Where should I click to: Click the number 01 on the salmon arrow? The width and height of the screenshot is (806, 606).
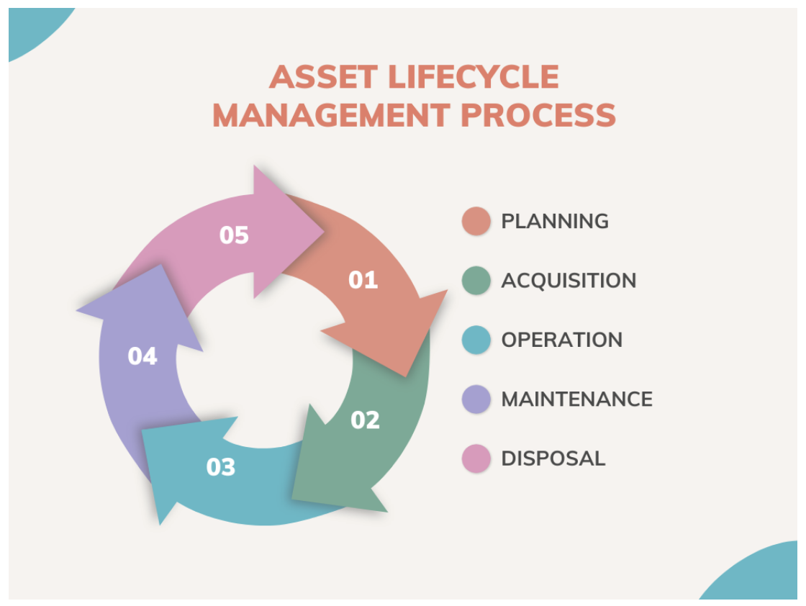(363, 280)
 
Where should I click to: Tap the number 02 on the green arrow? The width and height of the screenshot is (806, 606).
(365, 420)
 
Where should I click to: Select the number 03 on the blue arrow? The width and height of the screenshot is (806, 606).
(220, 467)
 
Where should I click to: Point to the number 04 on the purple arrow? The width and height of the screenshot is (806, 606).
(142, 356)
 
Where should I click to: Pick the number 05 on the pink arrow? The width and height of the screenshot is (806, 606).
(234, 235)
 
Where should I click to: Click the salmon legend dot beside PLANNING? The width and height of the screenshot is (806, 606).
(476, 221)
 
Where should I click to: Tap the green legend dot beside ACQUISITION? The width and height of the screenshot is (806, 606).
(476, 281)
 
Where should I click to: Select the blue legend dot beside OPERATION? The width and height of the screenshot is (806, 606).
(476, 340)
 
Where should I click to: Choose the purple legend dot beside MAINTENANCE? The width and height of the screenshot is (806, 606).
(476, 399)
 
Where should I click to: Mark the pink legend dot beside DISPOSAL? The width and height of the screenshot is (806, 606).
(476, 458)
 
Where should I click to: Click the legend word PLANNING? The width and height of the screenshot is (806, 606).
(555, 222)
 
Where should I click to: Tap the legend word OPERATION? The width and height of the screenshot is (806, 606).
(562, 340)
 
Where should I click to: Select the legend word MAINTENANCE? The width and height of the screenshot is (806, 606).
(577, 399)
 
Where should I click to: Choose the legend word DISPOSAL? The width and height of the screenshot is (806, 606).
(553, 459)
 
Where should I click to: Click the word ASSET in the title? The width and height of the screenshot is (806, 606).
(324, 77)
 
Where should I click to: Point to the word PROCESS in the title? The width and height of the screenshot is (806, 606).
(538, 115)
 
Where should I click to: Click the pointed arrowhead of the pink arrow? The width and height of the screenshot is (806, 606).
(324, 232)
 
